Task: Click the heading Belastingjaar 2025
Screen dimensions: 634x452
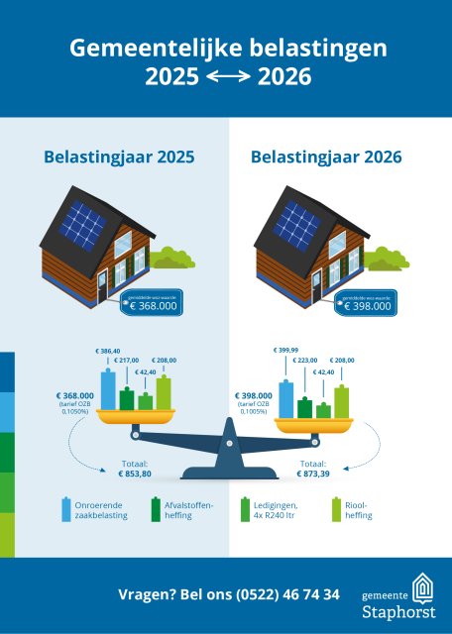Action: coord(118,157)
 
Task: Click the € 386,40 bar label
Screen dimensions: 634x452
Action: coord(107,352)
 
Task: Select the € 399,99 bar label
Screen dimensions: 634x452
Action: coord(285,350)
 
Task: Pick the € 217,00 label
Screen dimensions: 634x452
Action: coord(127,362)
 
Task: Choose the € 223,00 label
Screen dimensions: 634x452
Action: coord(305,361)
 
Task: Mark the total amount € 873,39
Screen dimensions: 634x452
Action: coord(313,475)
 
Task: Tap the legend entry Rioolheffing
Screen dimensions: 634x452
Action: coord(357,511)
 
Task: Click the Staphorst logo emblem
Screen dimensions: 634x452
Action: coord(423,589)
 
